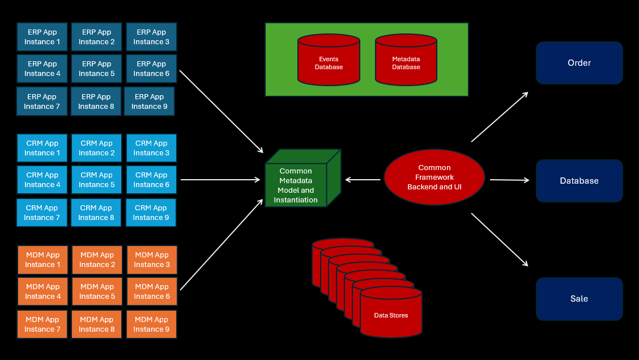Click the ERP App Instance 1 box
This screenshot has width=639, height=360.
(x=42, y=37)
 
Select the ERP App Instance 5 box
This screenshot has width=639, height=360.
(x=96, y=69)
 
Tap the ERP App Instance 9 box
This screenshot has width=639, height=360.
(x=149, y=101)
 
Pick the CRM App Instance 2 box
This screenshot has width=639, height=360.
(x=96, y=148)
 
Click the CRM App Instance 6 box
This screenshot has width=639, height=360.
(x=151, y=180)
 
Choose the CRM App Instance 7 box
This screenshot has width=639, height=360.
(x=42, y=213)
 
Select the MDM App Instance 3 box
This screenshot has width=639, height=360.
(x=152, y=260)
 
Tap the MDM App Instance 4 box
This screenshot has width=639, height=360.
(x=42, y=291)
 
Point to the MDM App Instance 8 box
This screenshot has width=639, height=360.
(x=96, y=324)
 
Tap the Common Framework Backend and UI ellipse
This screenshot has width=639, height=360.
(x=434, y=177)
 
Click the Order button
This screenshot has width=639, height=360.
(x=579, y=63)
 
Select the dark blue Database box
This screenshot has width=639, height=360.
(x=579, y=181)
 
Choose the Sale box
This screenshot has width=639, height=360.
(x=579, y=299)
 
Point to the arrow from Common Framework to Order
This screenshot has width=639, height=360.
(x=500, y=117)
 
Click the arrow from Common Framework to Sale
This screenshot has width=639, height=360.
(x=500, y=240)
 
